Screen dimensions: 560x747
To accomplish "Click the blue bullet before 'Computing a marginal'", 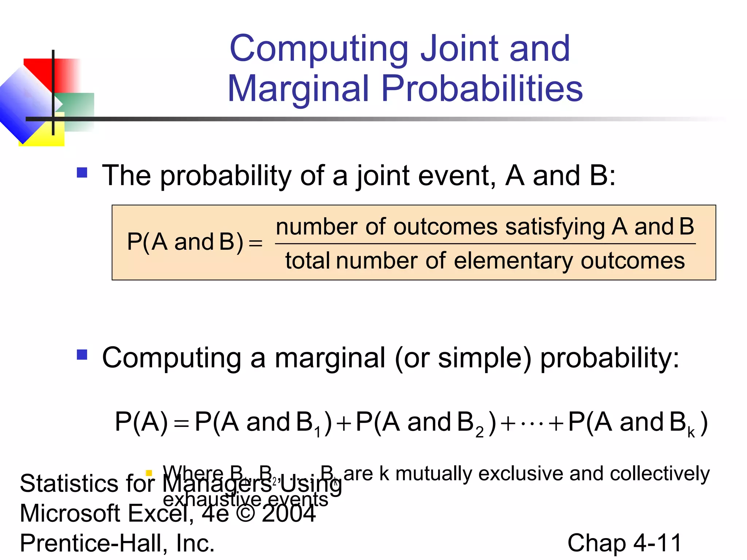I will click(x=82, y=354).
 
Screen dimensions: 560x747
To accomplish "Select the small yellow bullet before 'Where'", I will click(x=149, y=473).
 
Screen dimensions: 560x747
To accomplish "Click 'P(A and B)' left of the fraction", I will click(x=185, y=242).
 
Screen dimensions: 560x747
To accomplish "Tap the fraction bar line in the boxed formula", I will click(x=485, y=244).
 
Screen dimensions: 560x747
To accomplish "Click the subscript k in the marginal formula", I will click(x=691, y=432).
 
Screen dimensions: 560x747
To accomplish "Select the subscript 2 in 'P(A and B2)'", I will click(x=479, y=432).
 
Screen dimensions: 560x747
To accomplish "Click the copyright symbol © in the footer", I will click(x=245, y=513).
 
